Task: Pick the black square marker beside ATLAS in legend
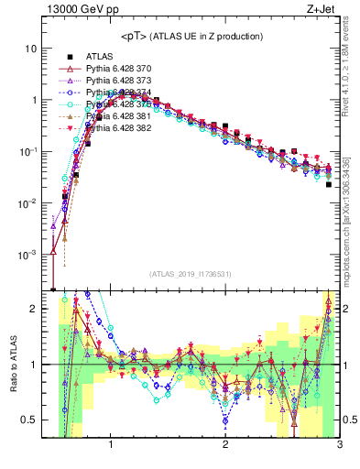click(65, 57)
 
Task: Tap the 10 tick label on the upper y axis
click(30, 49)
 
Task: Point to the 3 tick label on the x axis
click(340, 446)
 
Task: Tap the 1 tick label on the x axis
click(111, 446)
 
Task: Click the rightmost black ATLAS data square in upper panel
click(329, 184)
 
